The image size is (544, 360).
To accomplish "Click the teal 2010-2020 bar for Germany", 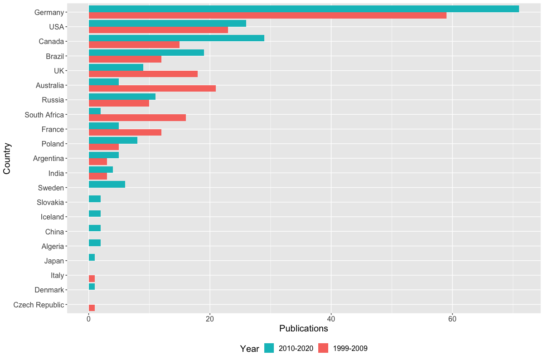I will [x=304, y=9].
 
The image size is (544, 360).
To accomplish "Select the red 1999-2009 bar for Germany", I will [x=267, y=15].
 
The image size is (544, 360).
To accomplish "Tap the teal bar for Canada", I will [x=176, y=38].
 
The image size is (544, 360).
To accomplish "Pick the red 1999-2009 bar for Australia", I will [x=152, y=88].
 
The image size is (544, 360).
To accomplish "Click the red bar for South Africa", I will [x=137, y=118].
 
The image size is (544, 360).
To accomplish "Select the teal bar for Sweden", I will [x=107, y=184].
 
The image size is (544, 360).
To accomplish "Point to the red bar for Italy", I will [x=92, y=278].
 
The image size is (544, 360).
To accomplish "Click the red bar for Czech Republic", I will [x=92, y=308].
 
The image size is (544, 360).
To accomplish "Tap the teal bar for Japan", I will [x=92, y=258].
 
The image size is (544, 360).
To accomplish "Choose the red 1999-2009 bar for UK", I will [x=143, y=74].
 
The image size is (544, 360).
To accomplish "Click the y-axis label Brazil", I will [x=55, y=56].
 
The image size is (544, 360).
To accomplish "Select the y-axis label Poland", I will [x=53, y=144].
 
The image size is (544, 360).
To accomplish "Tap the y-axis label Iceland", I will [x=52, y=217].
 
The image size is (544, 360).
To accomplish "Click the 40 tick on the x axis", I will [x=331, y=319].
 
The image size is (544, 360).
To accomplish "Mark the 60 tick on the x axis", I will [x=452, y=319].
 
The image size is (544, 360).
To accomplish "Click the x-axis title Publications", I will [x=303, y=328].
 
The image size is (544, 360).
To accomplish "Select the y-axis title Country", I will [x=7, y=158].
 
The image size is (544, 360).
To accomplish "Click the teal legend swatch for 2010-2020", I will [x=269, y=348].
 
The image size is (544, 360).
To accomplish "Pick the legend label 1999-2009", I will [x=350, y=348].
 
